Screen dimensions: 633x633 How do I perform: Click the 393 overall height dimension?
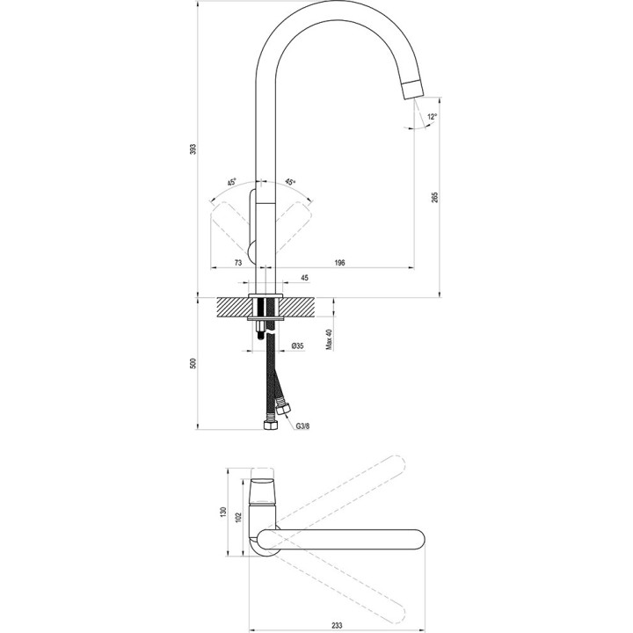[193, 149]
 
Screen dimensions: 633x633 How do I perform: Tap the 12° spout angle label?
[431, 116]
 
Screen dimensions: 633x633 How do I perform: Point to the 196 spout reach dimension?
[340, 262]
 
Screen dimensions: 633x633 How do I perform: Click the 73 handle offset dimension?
[238, 262]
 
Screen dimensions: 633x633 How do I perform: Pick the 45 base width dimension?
[305, 279]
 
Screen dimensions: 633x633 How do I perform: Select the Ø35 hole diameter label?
[298, 346]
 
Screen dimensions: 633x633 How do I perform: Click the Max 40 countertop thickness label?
[329, 338]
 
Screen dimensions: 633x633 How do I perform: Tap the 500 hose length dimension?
[193, 363]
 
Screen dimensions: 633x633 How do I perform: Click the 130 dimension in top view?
[224, 512]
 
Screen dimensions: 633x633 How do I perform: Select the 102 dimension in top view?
[237, 517]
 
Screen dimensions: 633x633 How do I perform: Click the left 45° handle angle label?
[231, 183]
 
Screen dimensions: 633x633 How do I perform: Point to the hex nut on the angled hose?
[283, 408]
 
